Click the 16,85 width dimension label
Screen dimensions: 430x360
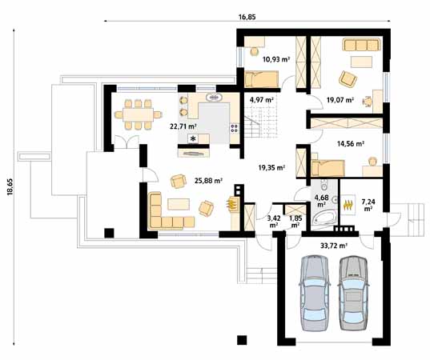coord(247,17)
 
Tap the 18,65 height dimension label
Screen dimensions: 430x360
coord(10,187)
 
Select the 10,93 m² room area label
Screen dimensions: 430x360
coord(276,59)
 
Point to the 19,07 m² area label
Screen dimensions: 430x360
coord(340,100)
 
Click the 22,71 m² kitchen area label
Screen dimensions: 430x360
coord(183,126)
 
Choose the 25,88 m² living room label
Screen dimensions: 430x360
coord(208,181)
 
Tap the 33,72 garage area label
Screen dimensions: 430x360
coord(334,246)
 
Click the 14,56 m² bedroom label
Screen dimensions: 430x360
coord(351,143)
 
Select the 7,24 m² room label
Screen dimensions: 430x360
coord(368,205)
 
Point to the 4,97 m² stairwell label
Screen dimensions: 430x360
coord(261,100)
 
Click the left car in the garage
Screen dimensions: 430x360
coord(314,293)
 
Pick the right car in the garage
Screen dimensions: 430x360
coord(353,293)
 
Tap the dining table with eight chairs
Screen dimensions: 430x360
coord(138,114)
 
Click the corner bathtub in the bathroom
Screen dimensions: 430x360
coord(324,218)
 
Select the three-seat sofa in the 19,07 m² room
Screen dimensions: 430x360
coord(361,45)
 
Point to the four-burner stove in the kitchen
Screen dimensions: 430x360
coord(235,128)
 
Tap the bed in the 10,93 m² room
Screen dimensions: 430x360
coord(262,79)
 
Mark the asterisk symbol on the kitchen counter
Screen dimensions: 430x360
coord(193,138)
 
